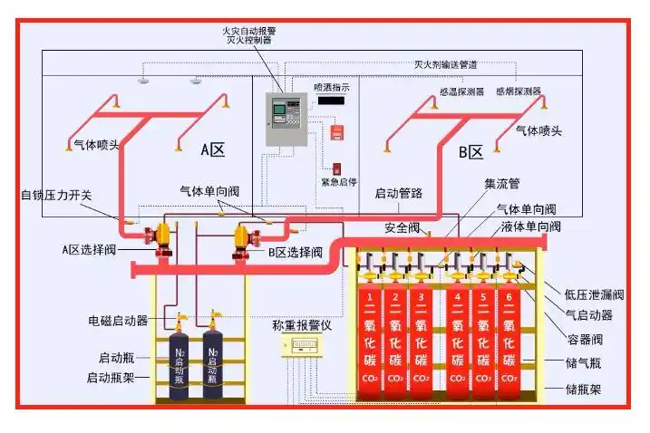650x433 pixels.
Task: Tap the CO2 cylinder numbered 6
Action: point(509,344)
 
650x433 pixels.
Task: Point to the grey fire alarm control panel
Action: point(284,119)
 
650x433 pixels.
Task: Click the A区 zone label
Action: point(212,149)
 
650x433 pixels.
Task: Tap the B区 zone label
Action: point(471,151)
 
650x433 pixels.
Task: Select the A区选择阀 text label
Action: point(90,249)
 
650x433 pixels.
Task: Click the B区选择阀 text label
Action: point(296,253)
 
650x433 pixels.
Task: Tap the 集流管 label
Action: point(501,184)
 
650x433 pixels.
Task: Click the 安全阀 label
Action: point(401,227)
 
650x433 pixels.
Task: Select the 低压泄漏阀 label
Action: point(594,294)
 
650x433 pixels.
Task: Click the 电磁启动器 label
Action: point(118,321)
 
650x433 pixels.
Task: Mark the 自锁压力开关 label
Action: point(56,195)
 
